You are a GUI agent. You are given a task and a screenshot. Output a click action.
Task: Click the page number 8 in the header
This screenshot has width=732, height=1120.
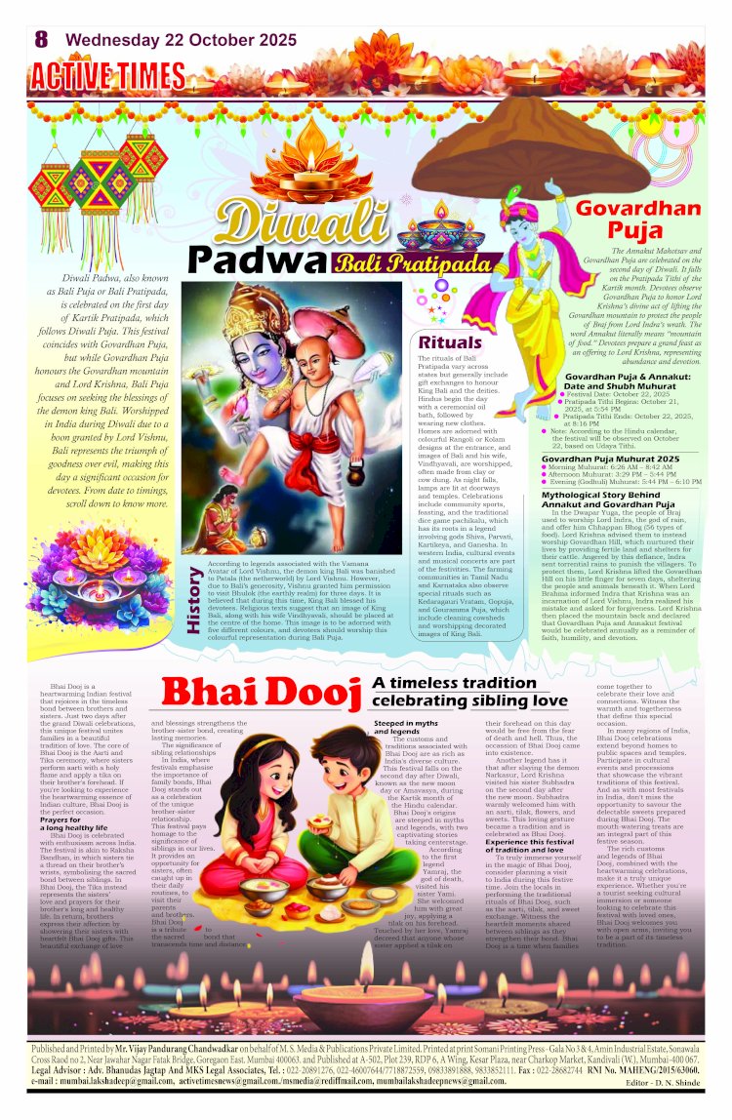pos(41,39)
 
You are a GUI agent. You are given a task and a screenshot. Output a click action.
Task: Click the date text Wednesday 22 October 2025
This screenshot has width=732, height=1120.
pos(181,40)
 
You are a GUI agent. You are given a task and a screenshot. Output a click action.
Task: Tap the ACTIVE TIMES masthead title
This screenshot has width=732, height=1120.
pos(106,75)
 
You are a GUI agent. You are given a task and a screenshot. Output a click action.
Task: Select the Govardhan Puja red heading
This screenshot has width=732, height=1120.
pos(636,220)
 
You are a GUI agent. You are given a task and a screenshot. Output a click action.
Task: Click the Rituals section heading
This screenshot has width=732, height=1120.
pos(450,342)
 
